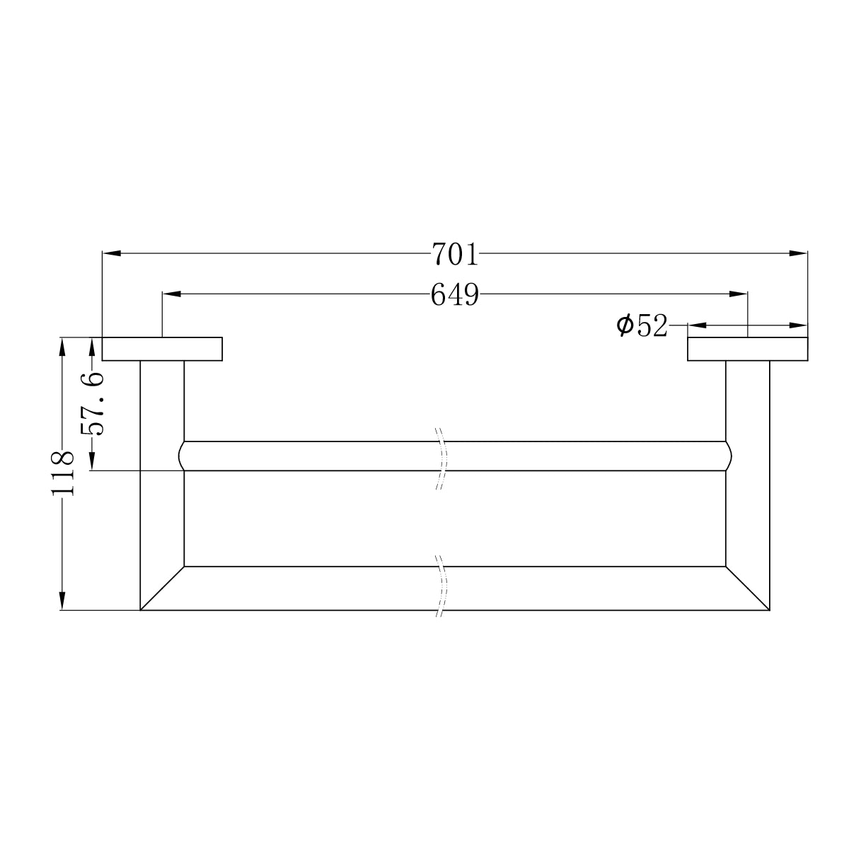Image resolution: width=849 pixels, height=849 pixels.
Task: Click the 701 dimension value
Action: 455,254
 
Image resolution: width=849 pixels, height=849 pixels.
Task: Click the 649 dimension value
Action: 455,294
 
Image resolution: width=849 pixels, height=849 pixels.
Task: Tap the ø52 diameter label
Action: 642,326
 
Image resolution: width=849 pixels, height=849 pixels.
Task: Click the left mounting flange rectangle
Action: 163,349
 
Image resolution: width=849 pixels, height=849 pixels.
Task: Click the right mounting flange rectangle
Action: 747,349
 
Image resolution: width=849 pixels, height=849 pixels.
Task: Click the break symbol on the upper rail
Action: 441,457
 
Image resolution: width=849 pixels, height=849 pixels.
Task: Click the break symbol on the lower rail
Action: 441,587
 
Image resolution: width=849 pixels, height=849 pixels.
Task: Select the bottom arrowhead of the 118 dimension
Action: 63,601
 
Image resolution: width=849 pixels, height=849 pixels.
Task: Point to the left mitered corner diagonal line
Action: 163,588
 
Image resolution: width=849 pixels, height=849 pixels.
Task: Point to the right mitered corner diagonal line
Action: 747,588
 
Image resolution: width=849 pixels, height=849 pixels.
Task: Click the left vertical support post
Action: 162,481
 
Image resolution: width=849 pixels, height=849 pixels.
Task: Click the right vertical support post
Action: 748,481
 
